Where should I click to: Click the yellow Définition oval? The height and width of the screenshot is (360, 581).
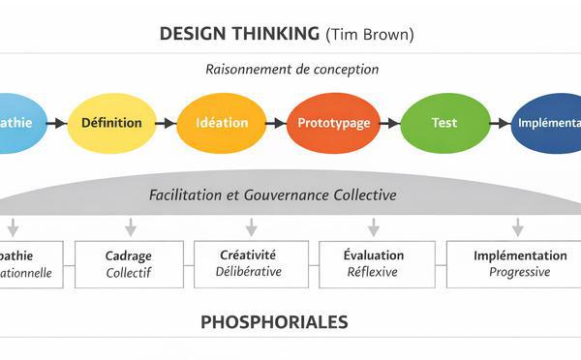point(111,123)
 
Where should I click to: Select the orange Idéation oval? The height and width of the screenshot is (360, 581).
point(222,123)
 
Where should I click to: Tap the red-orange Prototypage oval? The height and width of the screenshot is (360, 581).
point(332,123)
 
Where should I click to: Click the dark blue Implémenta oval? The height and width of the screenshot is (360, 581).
point(548,123)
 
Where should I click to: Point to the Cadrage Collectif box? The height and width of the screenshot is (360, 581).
point(128,263)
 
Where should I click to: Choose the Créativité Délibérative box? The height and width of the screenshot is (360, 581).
point(250,263)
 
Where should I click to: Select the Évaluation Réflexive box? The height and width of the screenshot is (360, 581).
point(374,263)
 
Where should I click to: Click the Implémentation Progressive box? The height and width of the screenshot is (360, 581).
point(519,263)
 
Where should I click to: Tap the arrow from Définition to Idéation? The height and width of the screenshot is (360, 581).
point(167,123)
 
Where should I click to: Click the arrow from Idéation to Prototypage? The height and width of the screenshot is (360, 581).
point(276,123)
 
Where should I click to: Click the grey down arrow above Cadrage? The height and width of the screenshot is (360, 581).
point(130,227)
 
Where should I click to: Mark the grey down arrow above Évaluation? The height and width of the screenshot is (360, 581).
point(373,227)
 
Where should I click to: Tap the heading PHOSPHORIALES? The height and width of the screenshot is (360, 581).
point(274,321)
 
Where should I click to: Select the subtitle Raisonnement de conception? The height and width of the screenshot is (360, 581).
point(291,69)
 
